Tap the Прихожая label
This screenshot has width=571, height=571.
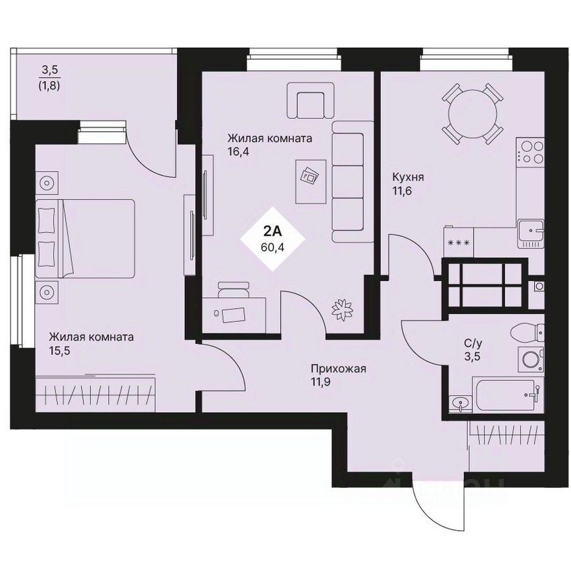click(339, 369)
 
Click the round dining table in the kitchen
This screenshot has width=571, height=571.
click(472, 113)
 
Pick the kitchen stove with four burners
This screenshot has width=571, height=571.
click(531, 152)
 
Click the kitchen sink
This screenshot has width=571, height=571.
click(530, 231)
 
